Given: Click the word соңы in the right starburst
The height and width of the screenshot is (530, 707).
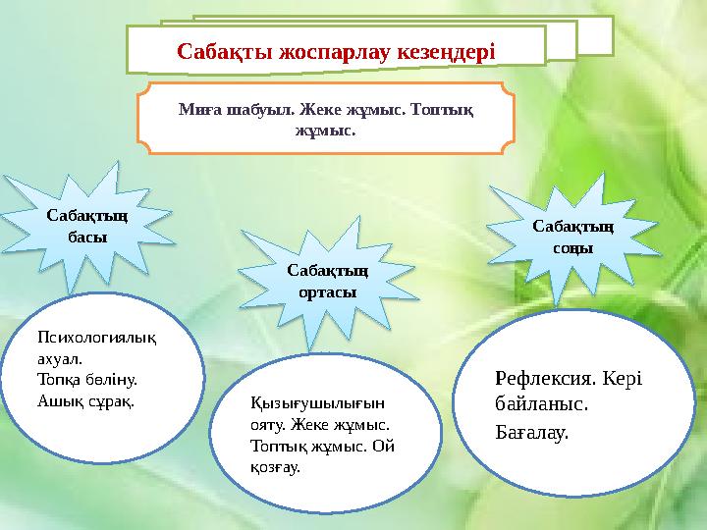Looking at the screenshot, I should click(573, 248).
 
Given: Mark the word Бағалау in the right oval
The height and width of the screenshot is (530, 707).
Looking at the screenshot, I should click(532, 431).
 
